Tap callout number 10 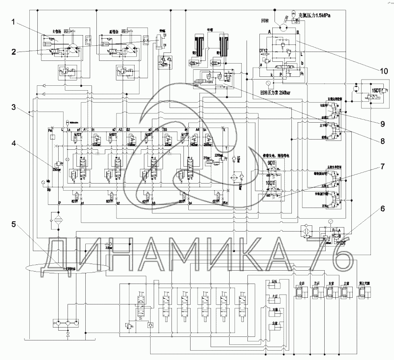tap(383, 71)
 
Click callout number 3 tap(14, 107)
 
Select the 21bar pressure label tap(206, 158)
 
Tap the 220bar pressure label tap(219, 154)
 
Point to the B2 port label tap(128, 130)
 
